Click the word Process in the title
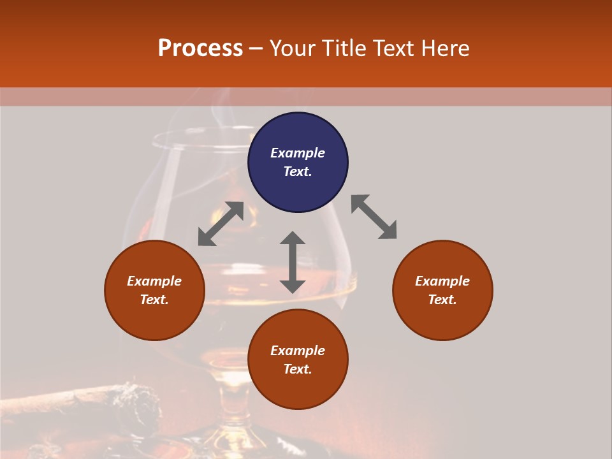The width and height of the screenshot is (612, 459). click(200, 48)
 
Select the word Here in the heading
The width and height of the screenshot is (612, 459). click(445, 48)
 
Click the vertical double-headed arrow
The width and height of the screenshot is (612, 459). click(293, 262)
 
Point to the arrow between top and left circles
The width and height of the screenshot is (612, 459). click(221, 224)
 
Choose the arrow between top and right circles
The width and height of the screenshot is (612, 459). click(374, 217)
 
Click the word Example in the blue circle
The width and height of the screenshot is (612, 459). click(298, 153)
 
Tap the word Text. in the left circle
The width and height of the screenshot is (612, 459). click(154, 300)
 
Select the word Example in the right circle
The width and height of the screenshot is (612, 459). click(442, 281)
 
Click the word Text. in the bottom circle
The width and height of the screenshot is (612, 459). click(298, 369)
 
